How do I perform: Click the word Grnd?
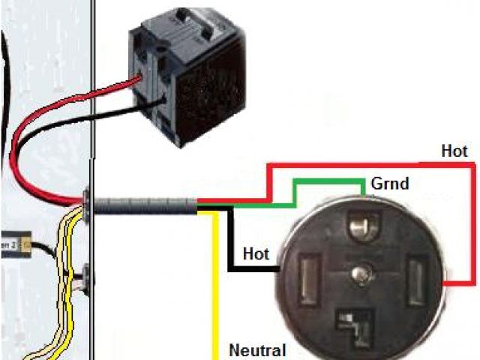point(390,183)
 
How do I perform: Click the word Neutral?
point(257,349)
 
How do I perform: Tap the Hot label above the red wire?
point(454,151)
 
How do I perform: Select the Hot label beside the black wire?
point(256,254)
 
